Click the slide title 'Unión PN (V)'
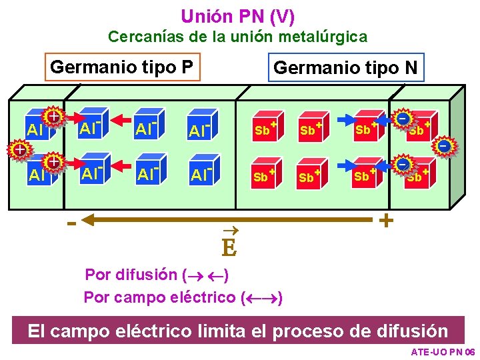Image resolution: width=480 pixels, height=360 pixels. tap(237, 15)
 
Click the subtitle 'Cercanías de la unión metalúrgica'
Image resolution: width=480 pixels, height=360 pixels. tap(237, 37)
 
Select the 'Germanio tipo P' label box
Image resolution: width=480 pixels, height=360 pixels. tap(122, 67)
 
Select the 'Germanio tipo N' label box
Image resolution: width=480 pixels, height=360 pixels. tap(345, 67)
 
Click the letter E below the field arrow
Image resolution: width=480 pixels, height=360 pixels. tap(229, 248)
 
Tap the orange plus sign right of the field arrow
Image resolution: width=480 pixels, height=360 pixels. tap(385, 220)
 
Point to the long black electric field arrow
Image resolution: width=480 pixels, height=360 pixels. tap(227, 219)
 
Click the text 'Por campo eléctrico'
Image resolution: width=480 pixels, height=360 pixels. tap(160, 297)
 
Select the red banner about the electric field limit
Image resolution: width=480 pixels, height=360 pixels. tap(237, 331)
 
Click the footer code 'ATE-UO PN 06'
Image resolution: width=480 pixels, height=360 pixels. tap(442, 351)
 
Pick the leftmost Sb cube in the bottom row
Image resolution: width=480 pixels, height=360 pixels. tap(263, 176)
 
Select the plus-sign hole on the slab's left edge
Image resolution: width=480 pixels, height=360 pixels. tap(20, 149)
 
